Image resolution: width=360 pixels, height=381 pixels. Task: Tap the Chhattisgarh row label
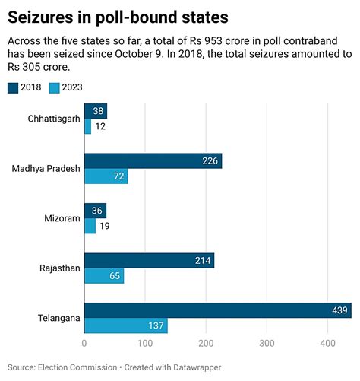[x=53, y=119]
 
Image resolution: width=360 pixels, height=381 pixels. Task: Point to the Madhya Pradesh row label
[x=46, y=169]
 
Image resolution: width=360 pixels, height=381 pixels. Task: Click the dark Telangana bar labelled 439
[x=217, y=310]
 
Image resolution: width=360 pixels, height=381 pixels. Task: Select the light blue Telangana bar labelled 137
[x=125, y=325]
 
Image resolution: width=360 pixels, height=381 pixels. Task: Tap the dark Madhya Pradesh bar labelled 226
[x=153, y=161]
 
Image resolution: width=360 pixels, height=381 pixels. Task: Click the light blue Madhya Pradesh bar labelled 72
[x=106, y=177]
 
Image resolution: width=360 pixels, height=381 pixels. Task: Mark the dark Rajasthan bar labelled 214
[x=149, y=260]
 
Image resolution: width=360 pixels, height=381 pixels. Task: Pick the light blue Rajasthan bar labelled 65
[x=103, y=276]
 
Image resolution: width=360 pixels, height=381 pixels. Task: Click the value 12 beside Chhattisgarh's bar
[x=100, y=128]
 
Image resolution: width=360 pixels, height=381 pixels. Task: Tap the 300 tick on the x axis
[x=266, y=344]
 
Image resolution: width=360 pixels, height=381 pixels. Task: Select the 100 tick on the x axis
[x=144, y=344]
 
